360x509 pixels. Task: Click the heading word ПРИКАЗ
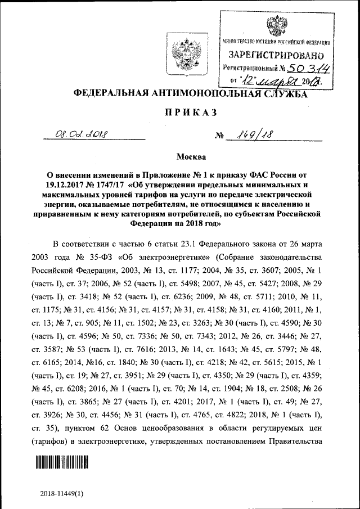(x=191, y=112)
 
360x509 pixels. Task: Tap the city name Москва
(x=191, y=156)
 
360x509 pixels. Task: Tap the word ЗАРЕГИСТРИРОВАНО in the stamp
(x=276, y=56)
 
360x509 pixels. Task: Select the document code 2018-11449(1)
(x=62, y=493)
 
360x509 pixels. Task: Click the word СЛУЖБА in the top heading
(x=289, y=94)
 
